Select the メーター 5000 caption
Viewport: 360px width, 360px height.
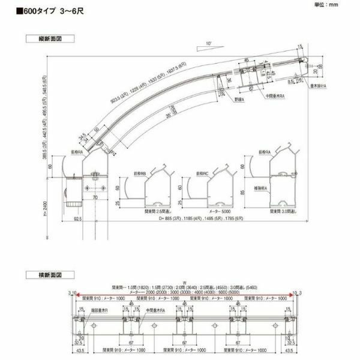pyautogui.click(x=218, y=211)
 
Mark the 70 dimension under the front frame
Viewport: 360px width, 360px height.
pyautogui.click(x=95, y=197)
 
